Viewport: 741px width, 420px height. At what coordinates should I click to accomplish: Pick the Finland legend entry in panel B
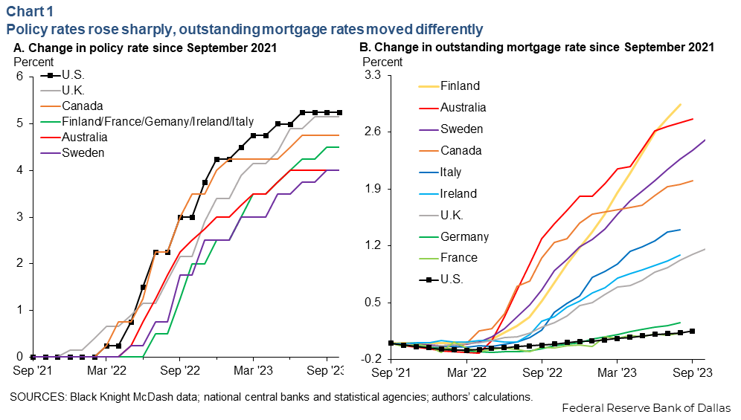[x=460, y=85]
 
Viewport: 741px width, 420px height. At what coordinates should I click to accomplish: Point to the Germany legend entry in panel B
[x=464, y=236]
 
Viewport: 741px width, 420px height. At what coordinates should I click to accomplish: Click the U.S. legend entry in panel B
[x=452, y=280]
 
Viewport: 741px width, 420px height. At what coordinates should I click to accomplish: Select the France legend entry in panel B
[x=459, y=258]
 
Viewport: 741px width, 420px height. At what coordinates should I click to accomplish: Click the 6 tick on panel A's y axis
[x=20, y=77]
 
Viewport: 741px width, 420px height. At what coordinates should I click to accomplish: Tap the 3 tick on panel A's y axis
[x=20, y=217]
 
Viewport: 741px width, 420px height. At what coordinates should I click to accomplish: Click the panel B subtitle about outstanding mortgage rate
[x=536, y=47]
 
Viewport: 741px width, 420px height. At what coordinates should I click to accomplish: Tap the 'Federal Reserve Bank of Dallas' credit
[x=646, y=408]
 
